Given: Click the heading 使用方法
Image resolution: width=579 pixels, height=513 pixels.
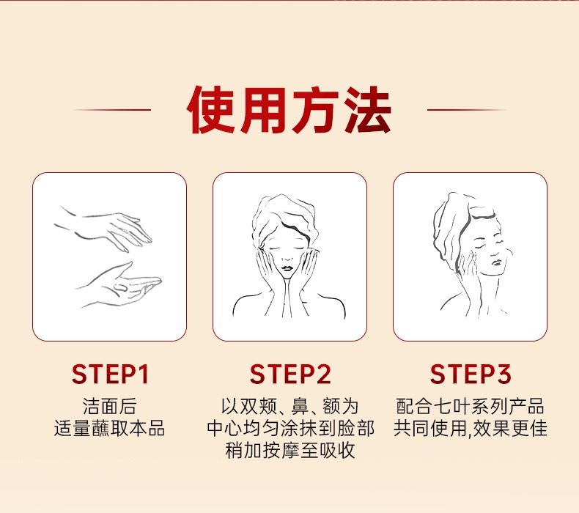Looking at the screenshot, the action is (x=289, y=110).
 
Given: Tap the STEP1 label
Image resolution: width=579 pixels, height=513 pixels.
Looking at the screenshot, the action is (x=110, y=374).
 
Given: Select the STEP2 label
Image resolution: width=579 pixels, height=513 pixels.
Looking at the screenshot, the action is (x=290, y=374).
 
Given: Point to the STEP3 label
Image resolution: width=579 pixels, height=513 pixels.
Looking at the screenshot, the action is (x=471, y=374).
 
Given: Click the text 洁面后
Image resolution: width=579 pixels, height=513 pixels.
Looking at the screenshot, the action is (x=110, y=406).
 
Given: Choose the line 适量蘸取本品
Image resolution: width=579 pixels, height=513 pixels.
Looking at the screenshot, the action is (x=109, y=429).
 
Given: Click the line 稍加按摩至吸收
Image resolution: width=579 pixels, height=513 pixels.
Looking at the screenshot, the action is (x=290, y=450).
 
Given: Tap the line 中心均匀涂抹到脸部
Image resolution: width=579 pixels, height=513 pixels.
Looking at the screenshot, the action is (x=291, y=429).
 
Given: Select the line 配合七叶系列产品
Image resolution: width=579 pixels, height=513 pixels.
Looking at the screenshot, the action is (x=470, y=406).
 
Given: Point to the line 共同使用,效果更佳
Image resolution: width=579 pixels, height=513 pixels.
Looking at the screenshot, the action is (x=470, y=429).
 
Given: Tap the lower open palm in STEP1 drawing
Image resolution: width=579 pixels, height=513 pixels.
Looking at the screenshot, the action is (x=118, y=285).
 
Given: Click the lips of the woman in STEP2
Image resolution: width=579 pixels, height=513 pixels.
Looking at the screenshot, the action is (x=287, y=267).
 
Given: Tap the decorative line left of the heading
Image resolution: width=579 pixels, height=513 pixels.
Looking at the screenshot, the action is (x=112, y=110).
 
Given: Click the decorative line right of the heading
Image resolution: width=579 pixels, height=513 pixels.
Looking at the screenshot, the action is (x=467, y=110).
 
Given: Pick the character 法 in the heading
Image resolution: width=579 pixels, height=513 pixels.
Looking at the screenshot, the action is (x=367, y=110).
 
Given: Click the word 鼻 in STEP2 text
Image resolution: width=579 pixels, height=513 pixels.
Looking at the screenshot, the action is (x=300, y=406).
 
